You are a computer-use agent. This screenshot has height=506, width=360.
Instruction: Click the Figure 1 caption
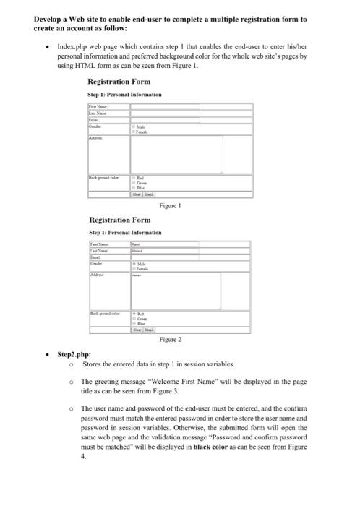pos(170,205)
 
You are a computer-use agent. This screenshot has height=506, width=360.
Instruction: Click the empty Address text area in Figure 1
pos(176,153)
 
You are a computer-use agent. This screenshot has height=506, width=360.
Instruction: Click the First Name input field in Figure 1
pos(166,106)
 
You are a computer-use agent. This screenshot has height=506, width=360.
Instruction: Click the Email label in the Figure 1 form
pos(95,119)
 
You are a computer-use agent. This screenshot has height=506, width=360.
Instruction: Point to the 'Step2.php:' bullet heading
pos(73,355)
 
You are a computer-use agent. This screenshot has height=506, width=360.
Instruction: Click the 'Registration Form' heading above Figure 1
pos(119,82)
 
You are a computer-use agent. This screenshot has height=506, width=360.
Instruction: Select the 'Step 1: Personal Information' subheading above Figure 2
pos(125,232)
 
